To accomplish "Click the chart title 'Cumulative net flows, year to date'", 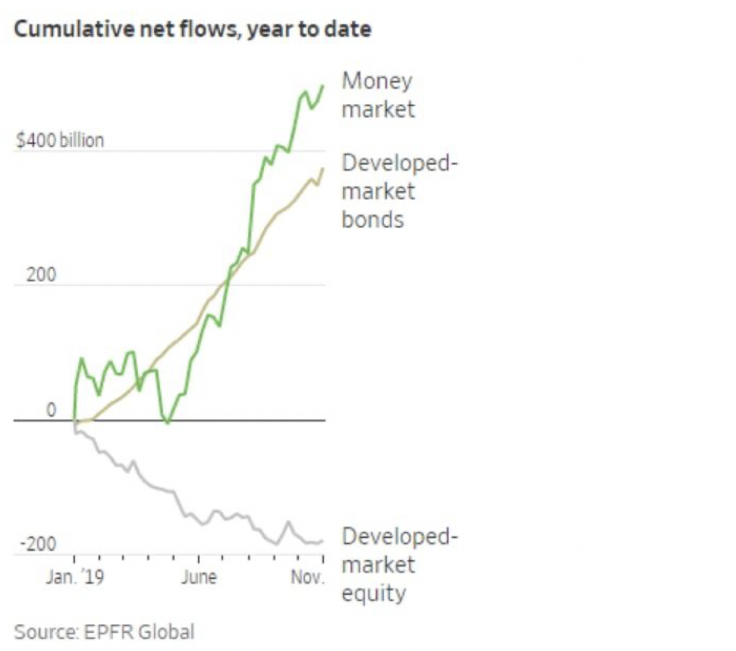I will pyautogui.click(x=192, y=29).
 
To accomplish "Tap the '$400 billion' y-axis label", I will pyautogui.click(x=60, y=141).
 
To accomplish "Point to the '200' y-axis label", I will pyautogui.click(x=41, y=274).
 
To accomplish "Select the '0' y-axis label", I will pyautogui.click(x=51, y=410).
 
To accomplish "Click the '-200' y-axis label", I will pyautogui.click(x=39, y=544).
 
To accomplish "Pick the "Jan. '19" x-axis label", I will pyautogui.click(x=75, y=577).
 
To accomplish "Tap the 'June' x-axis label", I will pyautogui.click(x=199, y=577).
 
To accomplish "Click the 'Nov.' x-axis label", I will pyautogui.click(x=308, y=577).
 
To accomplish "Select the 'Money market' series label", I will pyautogui.click(x=378, y=95).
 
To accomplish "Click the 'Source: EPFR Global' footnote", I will pyautogui.click(x=104, y=632).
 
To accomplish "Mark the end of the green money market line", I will pyautogui.click(x=323, y=86).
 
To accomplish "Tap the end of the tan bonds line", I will pyautogui.click(x=323, y=169).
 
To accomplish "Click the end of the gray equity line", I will pyautogui.click(x=322, y=541).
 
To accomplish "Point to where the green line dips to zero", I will pyautogui.click(x=168, y=422).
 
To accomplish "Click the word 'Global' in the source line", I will pyautogui.click(x=166, y=632).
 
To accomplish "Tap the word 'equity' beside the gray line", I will pyautogui.click(x=373, y=594).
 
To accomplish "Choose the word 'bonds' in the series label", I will pyautogui.click(x=373, y=219).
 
